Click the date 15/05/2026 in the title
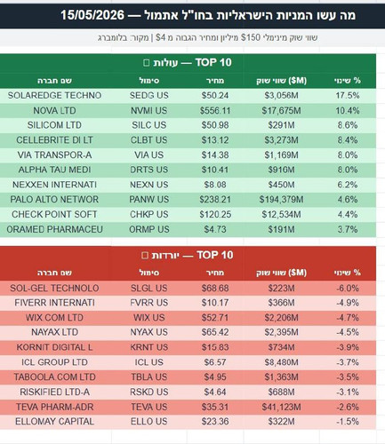(x=92, y=15)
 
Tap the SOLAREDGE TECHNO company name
(x=54, y=95)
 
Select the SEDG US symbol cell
(x=148, y=95)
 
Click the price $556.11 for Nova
(x=215, y=110)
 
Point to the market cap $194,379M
(x=281, y=199)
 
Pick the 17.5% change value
(x=348, y=95)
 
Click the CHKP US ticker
(x=148, y=214)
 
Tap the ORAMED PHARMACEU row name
(x=54, y=229)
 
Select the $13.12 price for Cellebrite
(x=215, y=140)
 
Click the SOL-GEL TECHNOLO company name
(x=54, y=288)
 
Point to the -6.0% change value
(x=348, y=288)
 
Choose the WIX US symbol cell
(x=148, y=318)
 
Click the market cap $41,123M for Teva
(x=281, y=407)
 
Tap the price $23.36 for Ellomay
(x=215, y=421)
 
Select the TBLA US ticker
(x=148, y=377)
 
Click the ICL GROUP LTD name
(x=54, y=362)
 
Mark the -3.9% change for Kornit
(x=348, y=347)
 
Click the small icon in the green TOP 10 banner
(x=147, y=63)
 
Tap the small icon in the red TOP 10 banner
(x=145, y=255)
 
